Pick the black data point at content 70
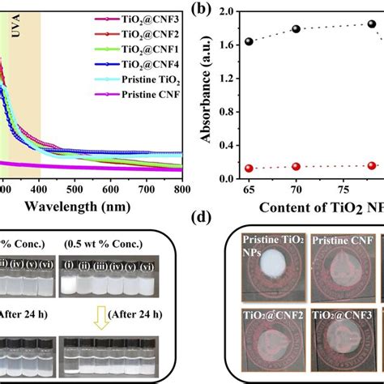pyautogui.click(x=296, y=29)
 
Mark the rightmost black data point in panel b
pyautogui.click(x=372, y=24)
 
